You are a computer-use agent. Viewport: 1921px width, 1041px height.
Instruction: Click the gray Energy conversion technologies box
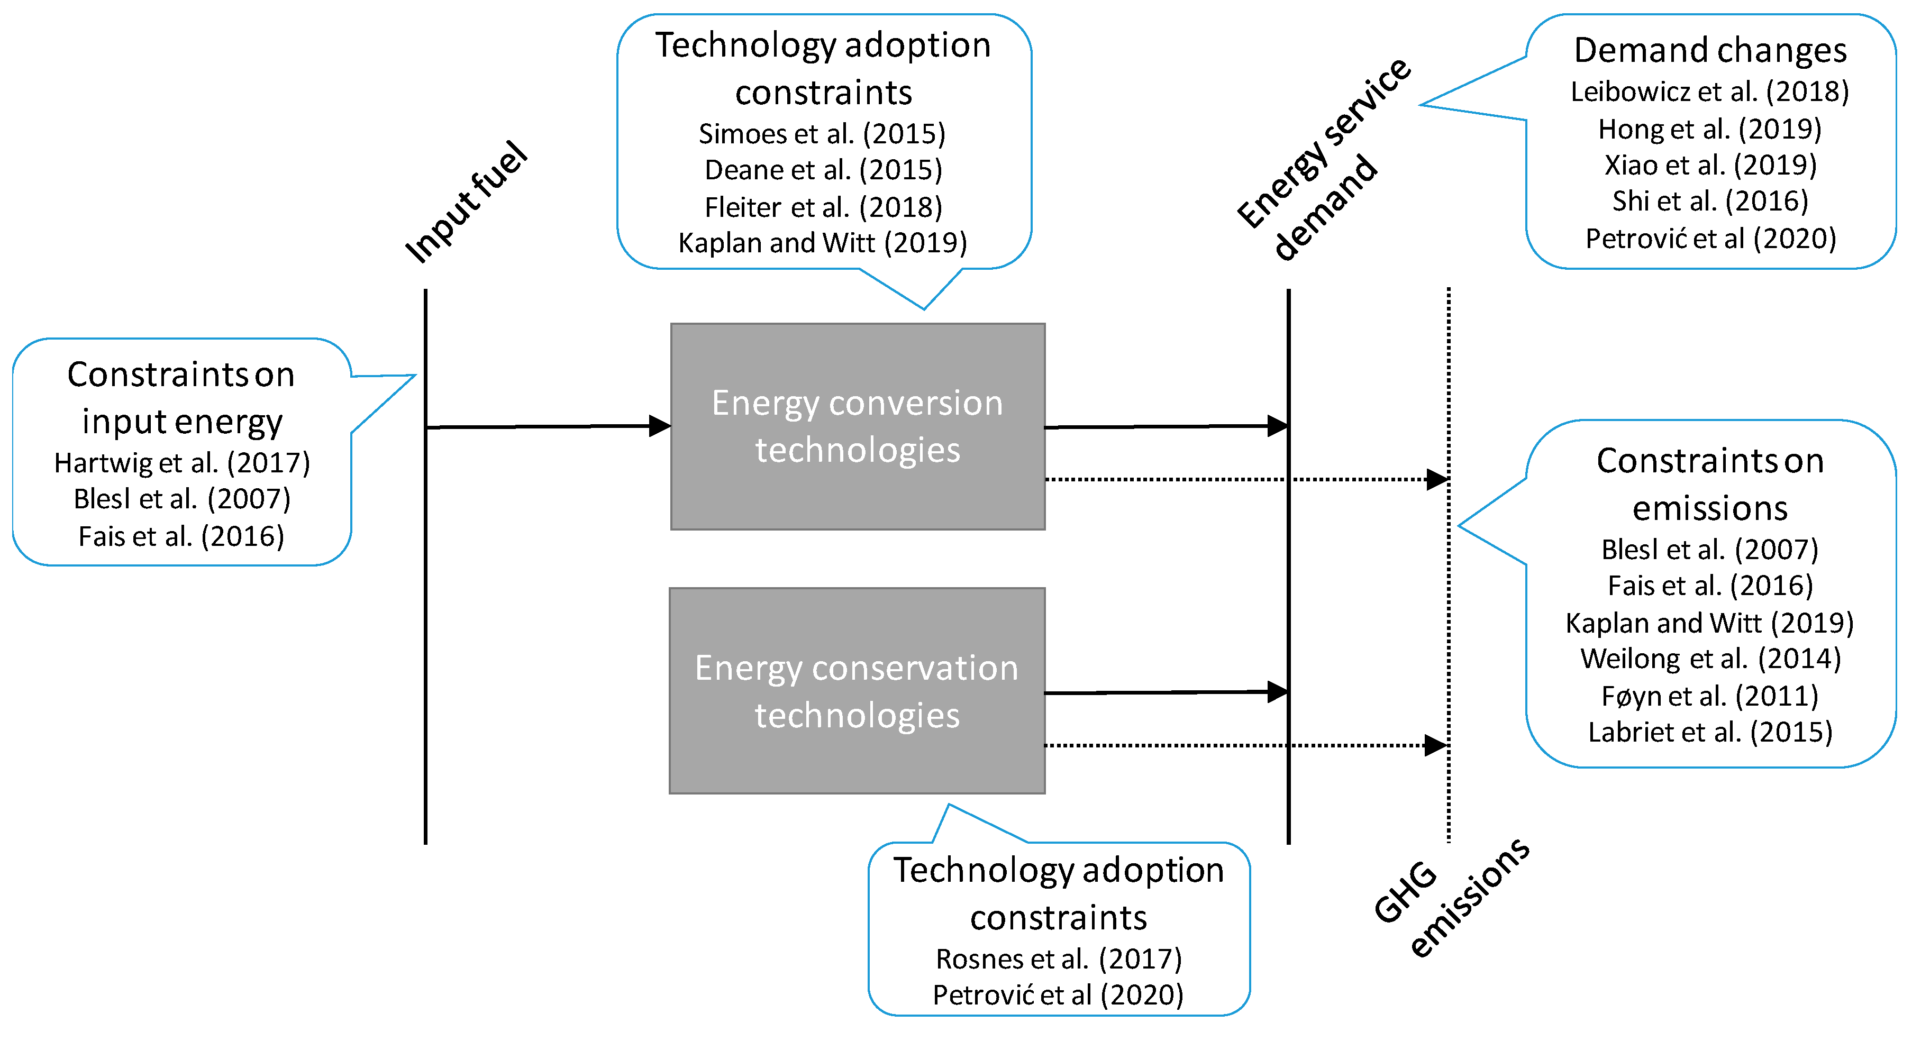(858, 426)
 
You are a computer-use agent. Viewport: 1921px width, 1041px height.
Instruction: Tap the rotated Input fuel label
(466, 203)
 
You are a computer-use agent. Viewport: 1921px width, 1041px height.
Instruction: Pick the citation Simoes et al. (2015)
(822, 134)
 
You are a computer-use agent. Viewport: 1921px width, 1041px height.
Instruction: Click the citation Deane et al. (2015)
(823, 170)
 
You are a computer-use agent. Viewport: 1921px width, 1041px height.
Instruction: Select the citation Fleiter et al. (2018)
(823, 207)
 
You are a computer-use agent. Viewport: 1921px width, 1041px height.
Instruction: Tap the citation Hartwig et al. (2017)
(182, 463)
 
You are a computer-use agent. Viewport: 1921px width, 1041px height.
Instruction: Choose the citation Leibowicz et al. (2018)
(1710, 92)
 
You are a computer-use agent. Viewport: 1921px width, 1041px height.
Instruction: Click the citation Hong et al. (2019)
(1710, 129)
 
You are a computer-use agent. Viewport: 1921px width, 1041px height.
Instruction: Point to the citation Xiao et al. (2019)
(1710, 165)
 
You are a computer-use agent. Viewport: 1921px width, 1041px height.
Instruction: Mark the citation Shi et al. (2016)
(1710, 202)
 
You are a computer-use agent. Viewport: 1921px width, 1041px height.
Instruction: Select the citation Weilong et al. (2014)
(1710, 659)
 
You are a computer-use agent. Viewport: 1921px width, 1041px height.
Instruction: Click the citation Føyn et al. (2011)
(1710, 697)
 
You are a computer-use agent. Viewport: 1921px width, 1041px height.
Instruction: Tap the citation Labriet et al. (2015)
(1710, 732)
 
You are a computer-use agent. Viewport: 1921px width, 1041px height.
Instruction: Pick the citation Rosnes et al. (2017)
(1059, 959)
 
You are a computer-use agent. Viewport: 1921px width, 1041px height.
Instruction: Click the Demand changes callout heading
(1710, 51)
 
